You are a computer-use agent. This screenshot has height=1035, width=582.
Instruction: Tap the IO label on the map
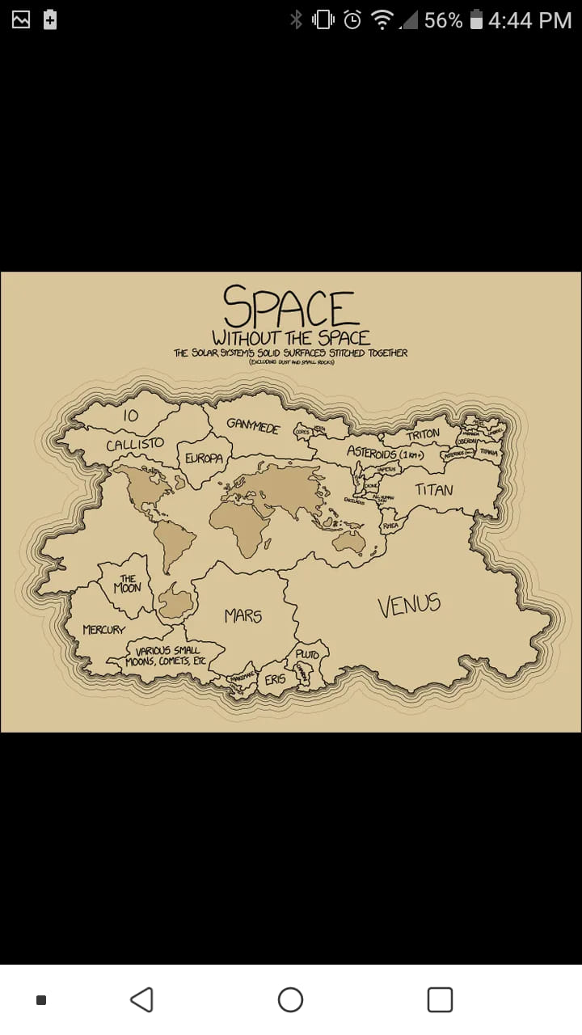tap(131, 415)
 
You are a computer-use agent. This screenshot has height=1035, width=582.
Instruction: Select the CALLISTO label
tap(135, 445)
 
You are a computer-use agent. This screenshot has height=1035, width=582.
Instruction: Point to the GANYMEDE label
tap(252, 425)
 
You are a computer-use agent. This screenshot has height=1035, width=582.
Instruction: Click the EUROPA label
tap(204, 458)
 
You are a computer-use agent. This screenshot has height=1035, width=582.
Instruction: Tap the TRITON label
tap(423, 435)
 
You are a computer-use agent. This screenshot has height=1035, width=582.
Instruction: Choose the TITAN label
tap(434, 489)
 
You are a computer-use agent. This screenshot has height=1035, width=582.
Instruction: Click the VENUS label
tap(409, 605)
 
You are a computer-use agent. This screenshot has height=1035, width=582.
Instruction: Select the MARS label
tap(243, 616)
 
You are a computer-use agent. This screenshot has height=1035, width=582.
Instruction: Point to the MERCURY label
tap(103, 629)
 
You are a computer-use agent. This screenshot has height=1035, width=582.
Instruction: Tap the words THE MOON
tap(127, 584)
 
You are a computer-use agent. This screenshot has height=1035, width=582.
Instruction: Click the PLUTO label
tap(307, 653)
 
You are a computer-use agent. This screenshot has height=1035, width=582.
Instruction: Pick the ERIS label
tap(275, 680)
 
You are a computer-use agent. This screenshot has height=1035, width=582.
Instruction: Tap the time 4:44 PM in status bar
tap(529, 20)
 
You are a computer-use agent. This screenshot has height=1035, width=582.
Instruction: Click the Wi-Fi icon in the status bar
tap(382, 20)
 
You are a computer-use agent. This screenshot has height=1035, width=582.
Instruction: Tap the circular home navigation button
tap(290, 1000)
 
